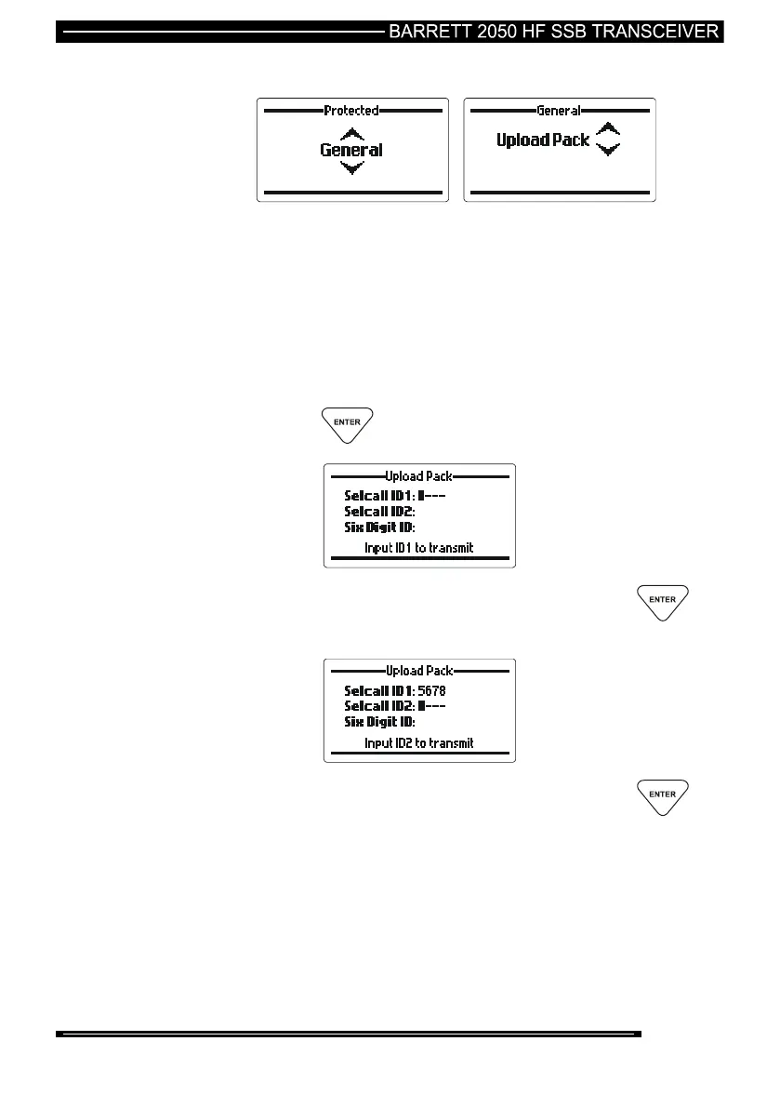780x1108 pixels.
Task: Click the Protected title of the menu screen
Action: tap(351, 111)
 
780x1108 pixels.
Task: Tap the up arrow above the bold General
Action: tap(351, 133)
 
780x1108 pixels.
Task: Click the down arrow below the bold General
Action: tap(351, 167)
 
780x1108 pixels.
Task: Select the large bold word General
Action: tap(351, 150)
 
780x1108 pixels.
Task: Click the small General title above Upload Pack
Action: tap(559, 111)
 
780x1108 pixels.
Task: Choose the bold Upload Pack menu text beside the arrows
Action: tap(542, 141)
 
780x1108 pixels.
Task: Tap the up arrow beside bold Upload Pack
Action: tap(607, 129)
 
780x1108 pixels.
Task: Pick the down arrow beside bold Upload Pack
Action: tap(607, 149)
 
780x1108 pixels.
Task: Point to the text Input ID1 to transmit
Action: tap(418, 548)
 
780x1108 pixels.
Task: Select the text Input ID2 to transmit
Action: tap(418, 743)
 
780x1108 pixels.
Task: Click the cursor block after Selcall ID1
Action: tap(421, 496)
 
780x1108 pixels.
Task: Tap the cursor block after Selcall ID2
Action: tap(421, 706)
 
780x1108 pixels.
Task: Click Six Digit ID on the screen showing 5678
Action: tap(379, 722)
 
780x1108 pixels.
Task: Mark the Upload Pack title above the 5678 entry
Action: tap(418, 671)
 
